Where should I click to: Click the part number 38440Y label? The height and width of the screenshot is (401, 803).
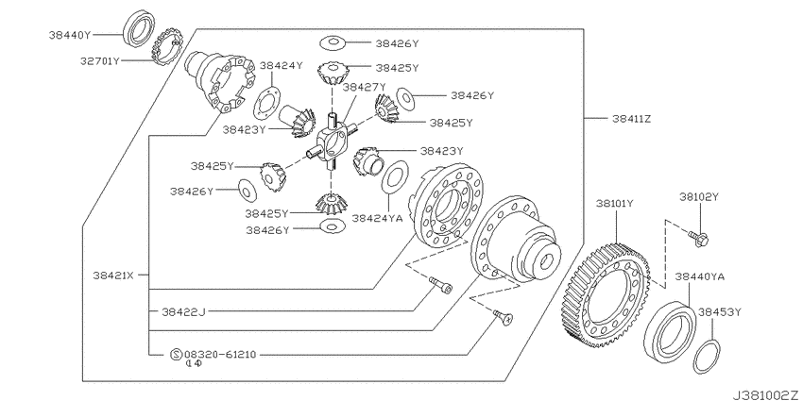pyautogui.click(x=70, y=35)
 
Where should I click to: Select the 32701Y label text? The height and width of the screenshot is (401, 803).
pyautogui.click(x=99, y=61)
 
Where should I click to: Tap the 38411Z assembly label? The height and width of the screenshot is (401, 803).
pyautogui.click(x=631, y=119)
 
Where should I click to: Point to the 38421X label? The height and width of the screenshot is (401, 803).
pyautogui.click(x=113, y=276)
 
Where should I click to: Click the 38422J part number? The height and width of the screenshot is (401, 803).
pyautogui.click(x=183, y=311)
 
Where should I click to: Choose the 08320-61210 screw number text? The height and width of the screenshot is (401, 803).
pyautogui.click(x=220, y=354)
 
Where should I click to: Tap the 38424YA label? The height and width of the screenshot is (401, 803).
pyautogui.click(x=377, y=218)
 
